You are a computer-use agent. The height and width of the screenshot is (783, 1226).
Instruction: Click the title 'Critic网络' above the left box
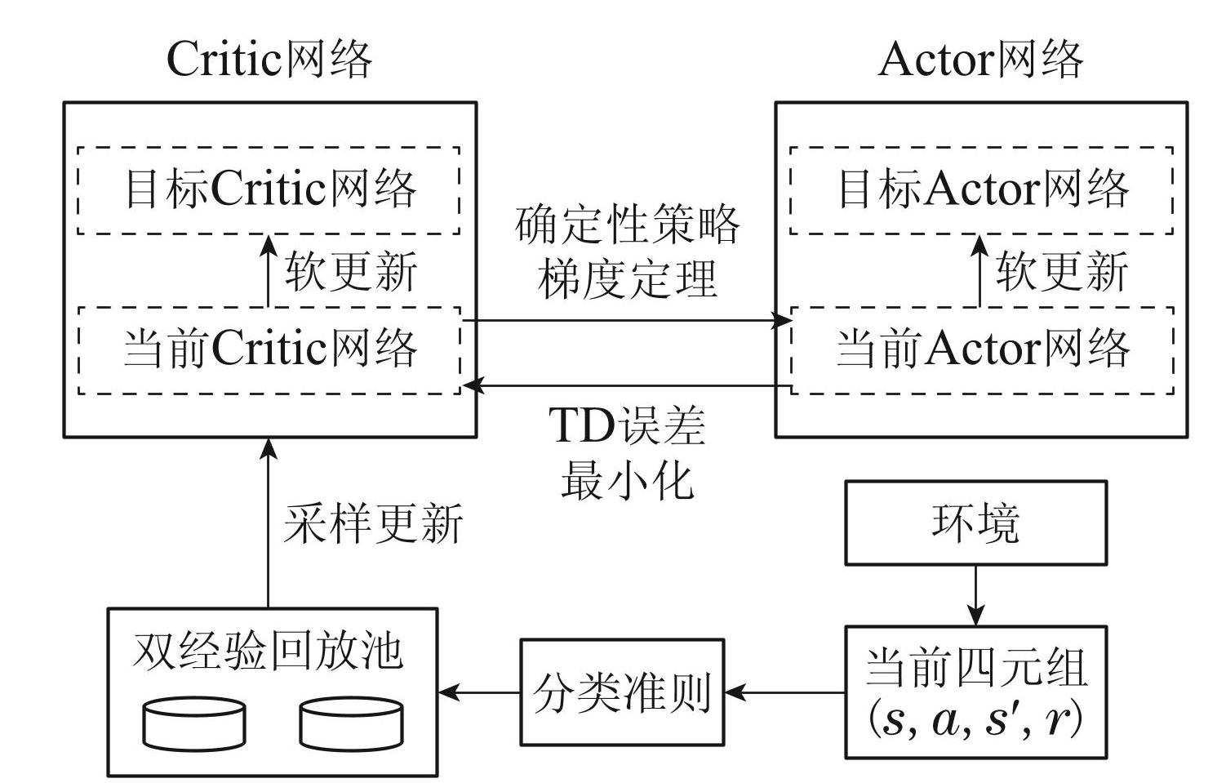pyautogui.click(x=269, y=60)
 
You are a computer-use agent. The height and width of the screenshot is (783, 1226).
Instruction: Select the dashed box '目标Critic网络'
pyautogui.click(x=269, y=190)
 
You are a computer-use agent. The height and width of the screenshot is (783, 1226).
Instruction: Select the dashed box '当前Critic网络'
pyautogui.click(x=269, y=350)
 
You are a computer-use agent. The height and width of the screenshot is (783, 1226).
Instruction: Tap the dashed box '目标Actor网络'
pyautogui.click(x=982, y=190)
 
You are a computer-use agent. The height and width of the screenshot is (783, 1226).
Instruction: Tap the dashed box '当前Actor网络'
pyautogui.click(x=982, y=350)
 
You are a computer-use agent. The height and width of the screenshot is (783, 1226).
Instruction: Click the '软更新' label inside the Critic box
pyautogui.click(x=351, y=271)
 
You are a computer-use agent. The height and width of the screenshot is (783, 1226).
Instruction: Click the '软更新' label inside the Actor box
pyautogui.click(x=1062, y=271)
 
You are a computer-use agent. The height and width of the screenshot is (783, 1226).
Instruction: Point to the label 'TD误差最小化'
pyautogui.click(x=627, y=452)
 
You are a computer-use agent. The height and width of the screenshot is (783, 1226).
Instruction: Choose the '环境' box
pyautogui.click(x=975, y=523)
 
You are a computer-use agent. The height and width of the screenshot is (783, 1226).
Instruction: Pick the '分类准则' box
pyautogui.click(x=622, y=692)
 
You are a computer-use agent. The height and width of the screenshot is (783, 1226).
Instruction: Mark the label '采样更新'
pyautogui.click(x=373, y=523)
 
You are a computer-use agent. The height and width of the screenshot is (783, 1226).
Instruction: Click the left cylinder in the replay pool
pyautogui.click(x=193, y=723)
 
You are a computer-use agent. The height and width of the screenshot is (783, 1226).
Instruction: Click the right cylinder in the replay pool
pyautogui.click(x=350, y=723)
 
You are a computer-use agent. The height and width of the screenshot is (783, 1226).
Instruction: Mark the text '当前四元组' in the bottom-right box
pyautogui.click(x=975, y=668)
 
